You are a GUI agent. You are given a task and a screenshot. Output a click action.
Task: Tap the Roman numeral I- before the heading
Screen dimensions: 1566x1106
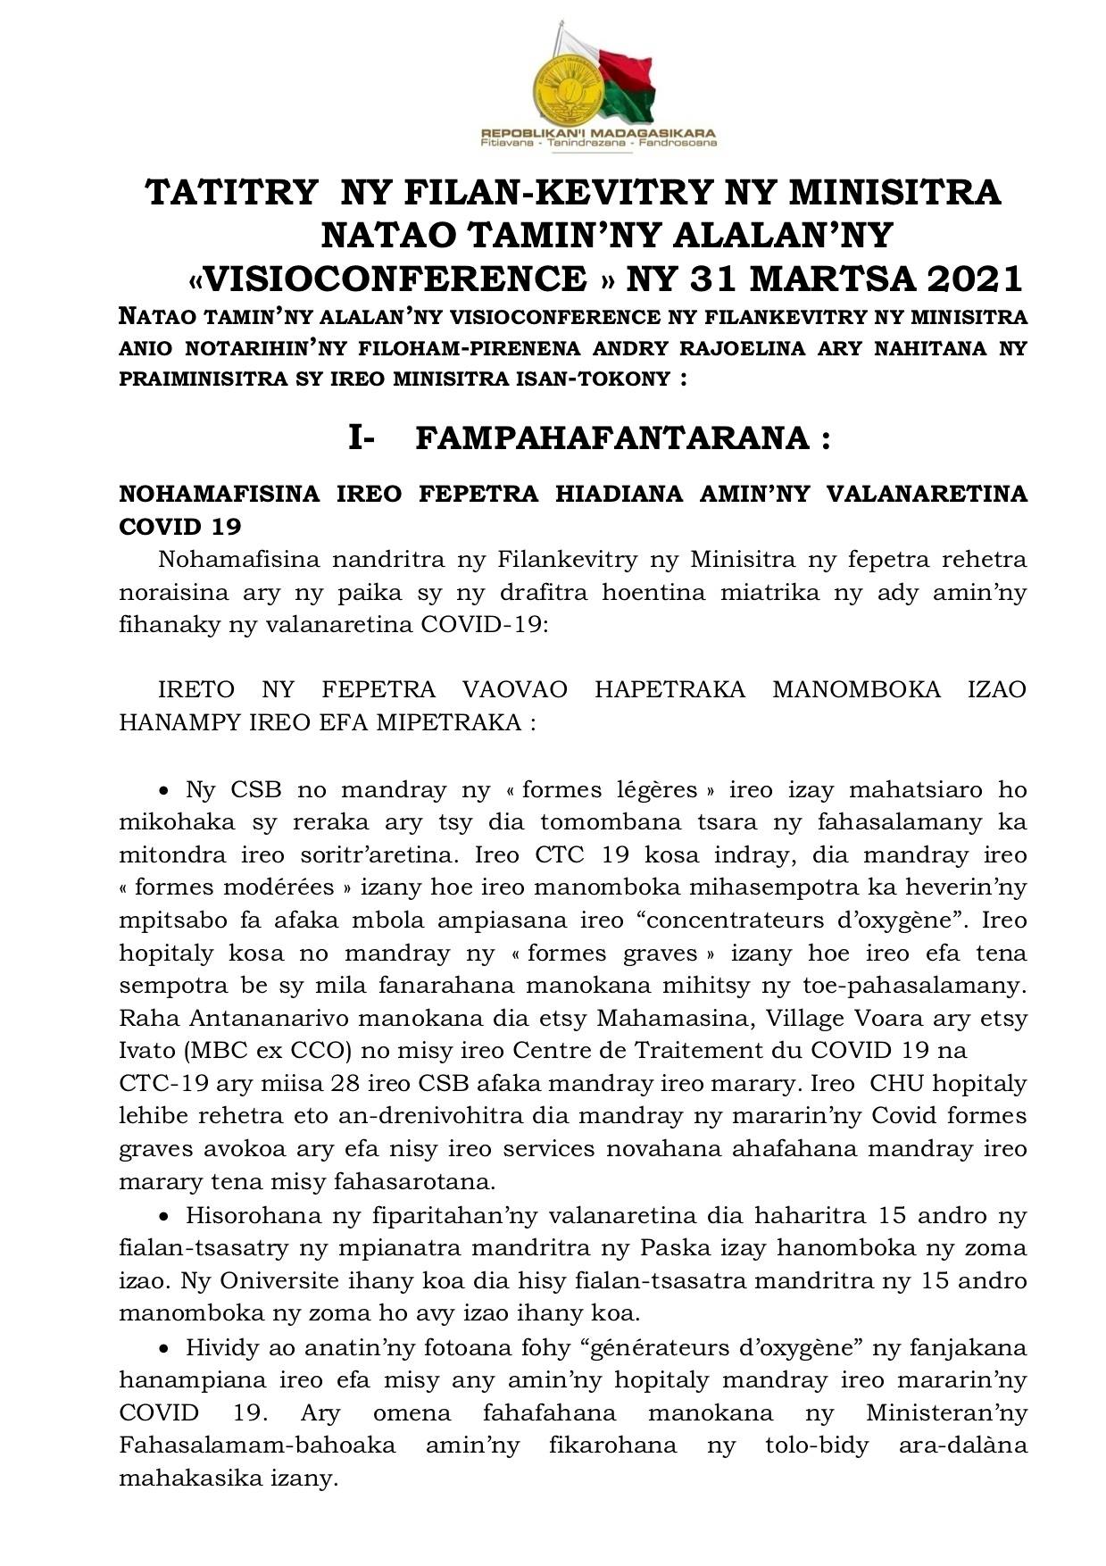[x=361, y=438]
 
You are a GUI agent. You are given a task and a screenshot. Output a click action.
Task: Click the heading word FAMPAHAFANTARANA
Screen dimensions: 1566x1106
[x=612, y=438]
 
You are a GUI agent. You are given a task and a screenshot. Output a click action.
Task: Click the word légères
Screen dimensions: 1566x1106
[x=655, y=790]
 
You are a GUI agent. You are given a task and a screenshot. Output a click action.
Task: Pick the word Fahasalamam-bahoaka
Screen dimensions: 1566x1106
[x=257, y=1445]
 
